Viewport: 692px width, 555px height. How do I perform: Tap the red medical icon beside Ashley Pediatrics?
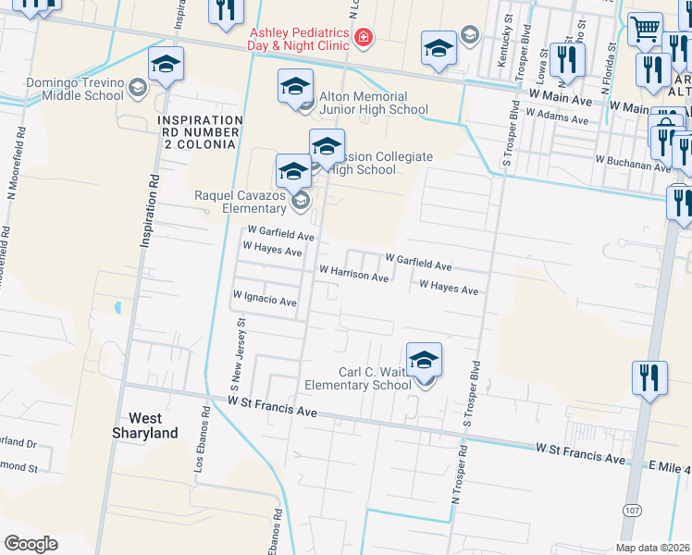(x=365, y=37)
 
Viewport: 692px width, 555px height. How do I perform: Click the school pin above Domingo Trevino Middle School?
(x=167, y=65)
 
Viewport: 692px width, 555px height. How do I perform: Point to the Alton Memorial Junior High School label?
(x=374, y=103)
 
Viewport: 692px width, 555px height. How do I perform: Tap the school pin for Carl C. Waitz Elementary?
(x=424, y=360)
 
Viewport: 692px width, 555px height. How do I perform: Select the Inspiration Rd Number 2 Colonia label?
(x=200, y=131)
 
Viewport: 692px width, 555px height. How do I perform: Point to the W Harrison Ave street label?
(x=353, y=275)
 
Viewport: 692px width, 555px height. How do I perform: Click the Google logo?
(x=31, y=544)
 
